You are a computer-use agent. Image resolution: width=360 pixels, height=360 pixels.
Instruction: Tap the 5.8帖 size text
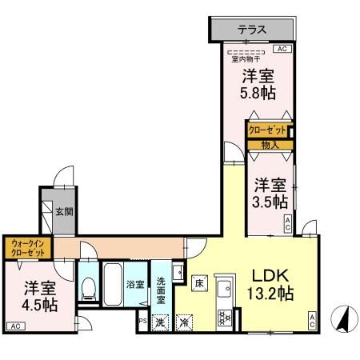point(258,93)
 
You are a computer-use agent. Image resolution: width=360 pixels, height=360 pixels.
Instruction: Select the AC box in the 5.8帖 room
point(281,49)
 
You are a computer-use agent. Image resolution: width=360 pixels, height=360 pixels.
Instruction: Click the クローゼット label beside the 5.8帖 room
point(266,130)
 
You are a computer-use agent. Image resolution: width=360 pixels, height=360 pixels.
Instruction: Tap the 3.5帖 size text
point(268,202)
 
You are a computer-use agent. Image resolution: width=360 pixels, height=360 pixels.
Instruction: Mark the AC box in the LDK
point(311,322)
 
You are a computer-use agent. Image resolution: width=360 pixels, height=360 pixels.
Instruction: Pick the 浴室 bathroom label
point(134,283)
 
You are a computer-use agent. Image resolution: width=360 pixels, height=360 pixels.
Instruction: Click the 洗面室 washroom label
point(161,284)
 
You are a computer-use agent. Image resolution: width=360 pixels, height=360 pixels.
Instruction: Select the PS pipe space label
point(142,322)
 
